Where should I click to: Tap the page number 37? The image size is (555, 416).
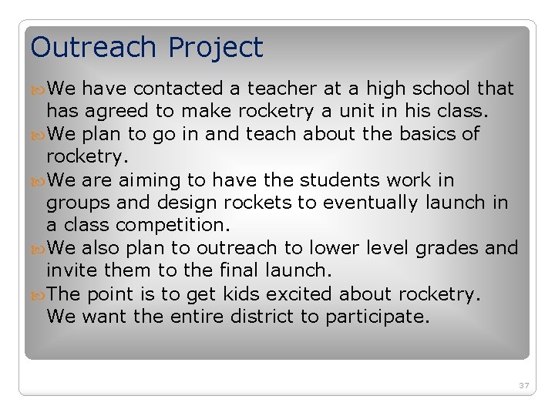click(524, 385)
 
